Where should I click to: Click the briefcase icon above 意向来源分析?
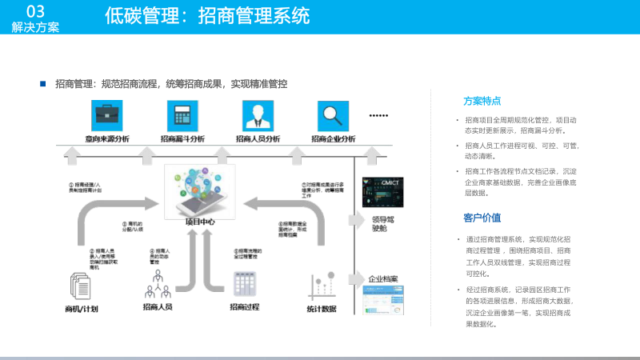click(107, 117)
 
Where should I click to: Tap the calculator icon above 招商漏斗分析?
click(182, 117)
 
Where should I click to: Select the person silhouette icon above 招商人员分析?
click(258, 117)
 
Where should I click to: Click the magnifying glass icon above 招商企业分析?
click(332, 117)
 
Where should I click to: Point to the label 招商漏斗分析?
click(182, 138)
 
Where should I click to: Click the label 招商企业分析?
click(333, 138)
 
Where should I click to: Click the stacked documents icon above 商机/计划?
click(82, 286)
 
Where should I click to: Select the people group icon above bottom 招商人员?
click(158, 282)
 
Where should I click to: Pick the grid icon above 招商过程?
click(244, 285)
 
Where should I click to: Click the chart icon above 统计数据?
click(321, 286)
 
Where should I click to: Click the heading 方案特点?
click(482, 101)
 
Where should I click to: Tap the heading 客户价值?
click(482, 218)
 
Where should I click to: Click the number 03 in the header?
click(34, 10)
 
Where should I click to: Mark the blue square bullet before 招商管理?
click(43, 82)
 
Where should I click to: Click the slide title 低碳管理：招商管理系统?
click(206, 16)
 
